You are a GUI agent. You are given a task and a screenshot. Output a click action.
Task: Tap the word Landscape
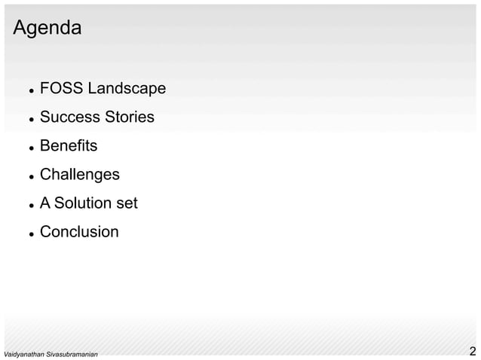tap(127, 89)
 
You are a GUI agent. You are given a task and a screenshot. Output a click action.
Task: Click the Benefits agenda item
tap(69, 146)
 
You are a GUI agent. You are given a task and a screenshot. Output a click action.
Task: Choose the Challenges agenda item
tap(79, 175)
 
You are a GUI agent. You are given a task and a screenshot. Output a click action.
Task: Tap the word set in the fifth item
tap(125, 203)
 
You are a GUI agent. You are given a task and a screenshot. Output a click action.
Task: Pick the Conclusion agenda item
tap(79, 232)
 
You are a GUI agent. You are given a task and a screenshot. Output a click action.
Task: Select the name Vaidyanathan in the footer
tap(23, 354)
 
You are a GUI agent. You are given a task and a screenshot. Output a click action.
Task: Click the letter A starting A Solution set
tap(45, 203)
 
